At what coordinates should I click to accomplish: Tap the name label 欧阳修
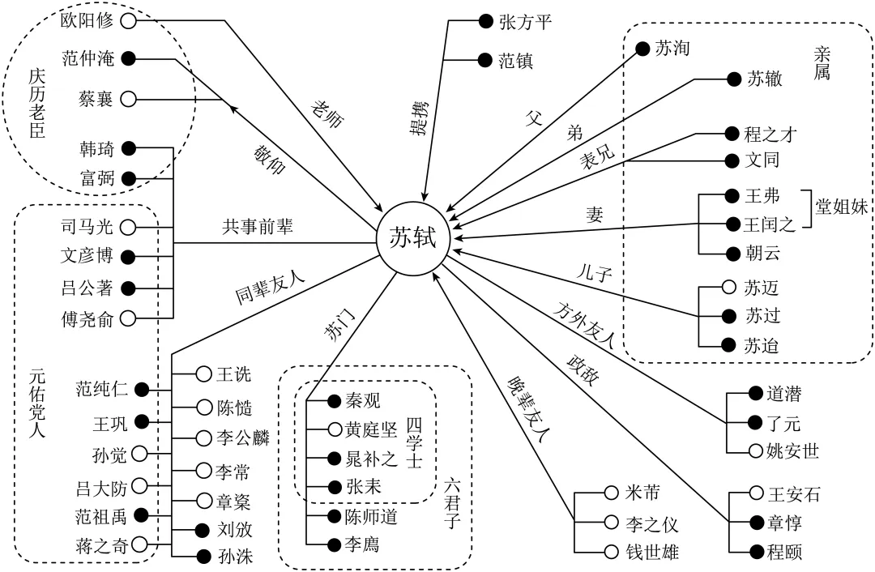88,20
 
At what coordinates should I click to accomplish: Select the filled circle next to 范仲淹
128,58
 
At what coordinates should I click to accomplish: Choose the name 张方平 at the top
525,22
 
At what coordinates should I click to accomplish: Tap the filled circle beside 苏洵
642,49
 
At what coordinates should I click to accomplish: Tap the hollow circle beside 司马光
128,227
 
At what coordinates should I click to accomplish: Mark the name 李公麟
244,438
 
